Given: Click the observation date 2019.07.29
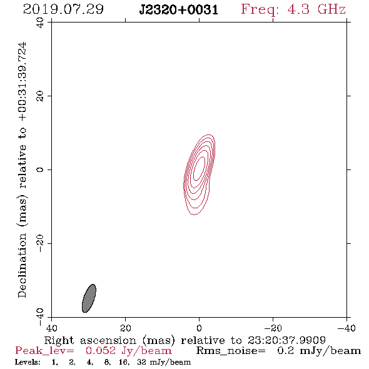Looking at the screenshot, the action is click(x=63, y=9).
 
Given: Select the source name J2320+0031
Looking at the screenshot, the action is click(x=179, y=9).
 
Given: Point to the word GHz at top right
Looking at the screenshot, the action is click(x=331, y=9).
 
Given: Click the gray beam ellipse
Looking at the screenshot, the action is click(x=89, y=298).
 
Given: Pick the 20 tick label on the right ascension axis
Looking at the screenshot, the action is click(x=126, y=328).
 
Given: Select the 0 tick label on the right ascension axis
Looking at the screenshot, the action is click(x=199, y=328).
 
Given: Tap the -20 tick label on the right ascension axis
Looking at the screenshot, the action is click(x=273, y=328).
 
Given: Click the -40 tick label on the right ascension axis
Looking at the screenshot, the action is click(x=346, y=328).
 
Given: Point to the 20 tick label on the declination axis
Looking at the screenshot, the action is click(x=40, y=96).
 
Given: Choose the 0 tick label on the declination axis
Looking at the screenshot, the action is click(x=40, y=169).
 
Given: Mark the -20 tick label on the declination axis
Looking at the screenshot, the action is click(x=40, y=243).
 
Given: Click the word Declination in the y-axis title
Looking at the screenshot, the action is click(x=22, y=266).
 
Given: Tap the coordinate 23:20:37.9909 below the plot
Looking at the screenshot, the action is click(x=286, y=340).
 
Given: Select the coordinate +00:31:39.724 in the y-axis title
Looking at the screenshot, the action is click(x=22, y=82).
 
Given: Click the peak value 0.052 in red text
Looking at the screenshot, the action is click(x=101, y=351).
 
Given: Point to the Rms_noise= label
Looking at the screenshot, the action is click(x=231, y=351).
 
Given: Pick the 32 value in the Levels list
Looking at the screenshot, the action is click(x=141, y=362).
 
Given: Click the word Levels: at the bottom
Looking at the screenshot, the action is click(x=28, y=362).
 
